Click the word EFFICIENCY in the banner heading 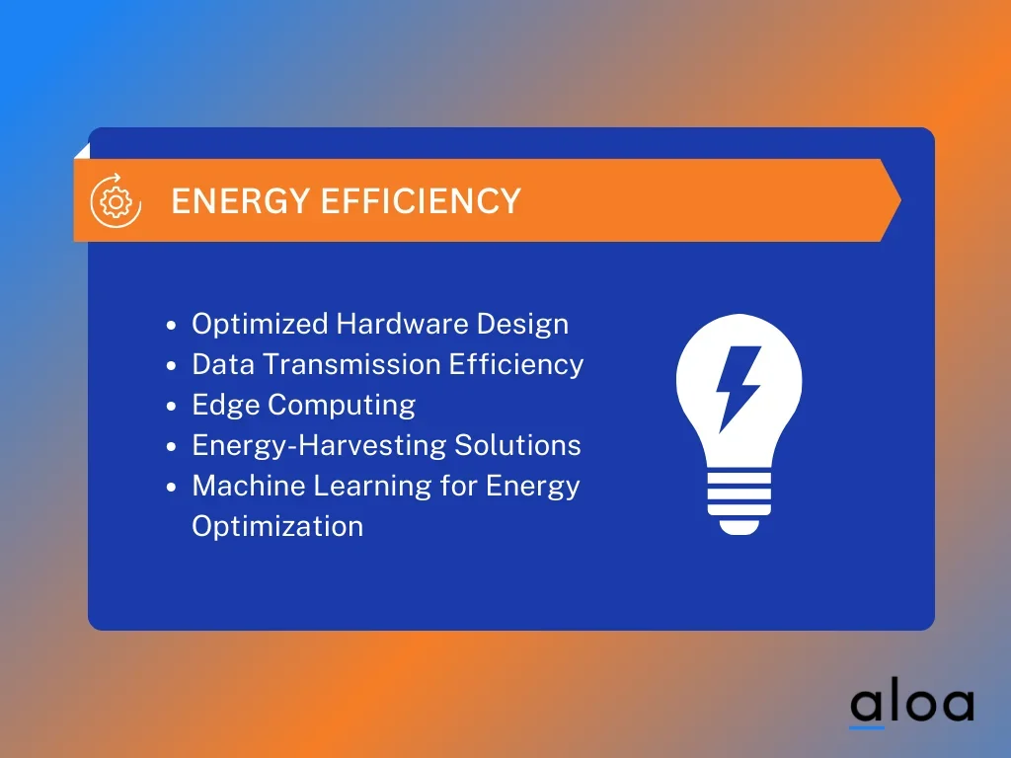pos(421,200)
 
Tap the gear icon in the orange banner pos(117,201)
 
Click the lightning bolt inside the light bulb pos(739,389)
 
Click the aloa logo pos(911,707)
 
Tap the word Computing pos(341,406)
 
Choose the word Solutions pos(517,445)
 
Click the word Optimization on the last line pos(277,527)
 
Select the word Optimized pos(260,325)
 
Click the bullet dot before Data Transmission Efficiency pos(171,366)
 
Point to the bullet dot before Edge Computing pos(171,407)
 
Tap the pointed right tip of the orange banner pos(900,200)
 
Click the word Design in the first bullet pos(523,325)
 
